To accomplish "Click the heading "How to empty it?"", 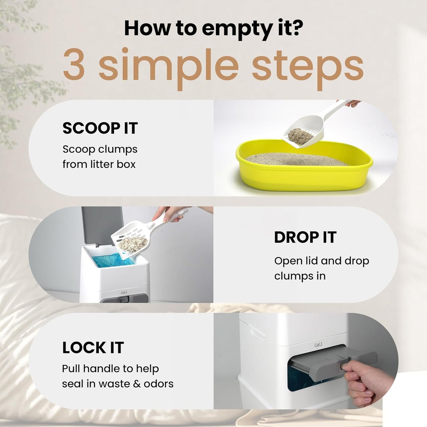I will click(213, 28).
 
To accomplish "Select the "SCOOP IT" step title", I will click(100, 128).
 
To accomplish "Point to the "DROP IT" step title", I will click(305, 237).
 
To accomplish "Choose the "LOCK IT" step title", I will click(93, 348).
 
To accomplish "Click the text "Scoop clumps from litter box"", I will click(100, 157).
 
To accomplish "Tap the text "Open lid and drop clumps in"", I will click(322, 268).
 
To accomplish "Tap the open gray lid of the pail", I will click(102, 225).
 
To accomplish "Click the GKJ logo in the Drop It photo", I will click(124, 293).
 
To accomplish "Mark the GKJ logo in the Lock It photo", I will click(318, 345).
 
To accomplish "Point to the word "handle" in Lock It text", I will click(102, 369).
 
